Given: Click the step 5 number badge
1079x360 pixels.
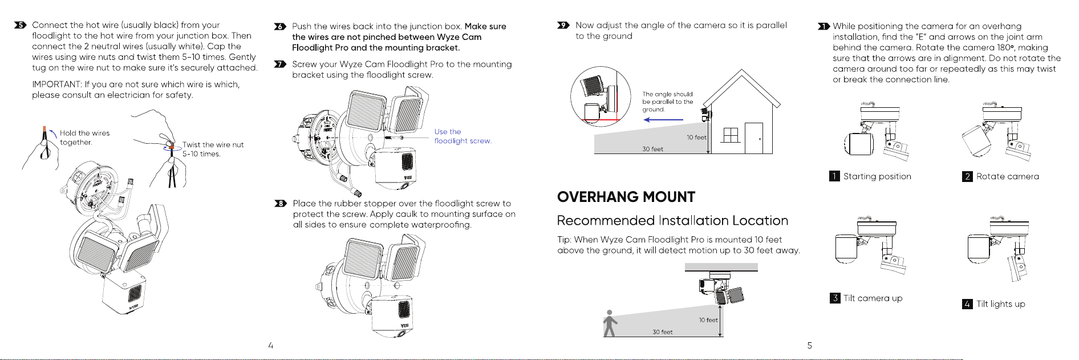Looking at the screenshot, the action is [21, 25].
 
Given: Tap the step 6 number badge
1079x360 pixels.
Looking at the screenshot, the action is [279, 27].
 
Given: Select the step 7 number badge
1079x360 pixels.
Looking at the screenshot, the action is [279, 64].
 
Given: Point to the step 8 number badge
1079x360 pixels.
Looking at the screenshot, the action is [280, 204].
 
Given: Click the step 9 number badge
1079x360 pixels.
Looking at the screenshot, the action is [563, 25].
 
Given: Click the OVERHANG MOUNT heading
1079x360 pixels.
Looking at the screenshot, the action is [626, 197].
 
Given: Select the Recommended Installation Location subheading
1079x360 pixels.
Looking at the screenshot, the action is [672, 221].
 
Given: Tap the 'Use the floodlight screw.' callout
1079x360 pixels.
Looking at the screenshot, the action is [463, 136].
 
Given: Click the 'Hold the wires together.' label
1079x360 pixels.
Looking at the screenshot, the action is [84, 137].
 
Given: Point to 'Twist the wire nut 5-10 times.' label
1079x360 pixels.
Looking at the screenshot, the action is [213, 149].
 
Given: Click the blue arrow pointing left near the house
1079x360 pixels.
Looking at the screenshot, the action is [663, 120].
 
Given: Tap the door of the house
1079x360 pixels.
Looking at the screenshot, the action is [754, 138].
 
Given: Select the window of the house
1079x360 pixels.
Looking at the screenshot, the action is [731, 135].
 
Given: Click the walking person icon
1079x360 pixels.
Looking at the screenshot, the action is [610, 323].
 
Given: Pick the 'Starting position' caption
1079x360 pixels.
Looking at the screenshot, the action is [877, 176].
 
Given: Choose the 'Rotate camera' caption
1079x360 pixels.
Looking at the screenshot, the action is [1008, 176].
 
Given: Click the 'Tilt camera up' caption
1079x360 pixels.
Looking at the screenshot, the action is [873, 298].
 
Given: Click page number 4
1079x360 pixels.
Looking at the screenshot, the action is [271, 345].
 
